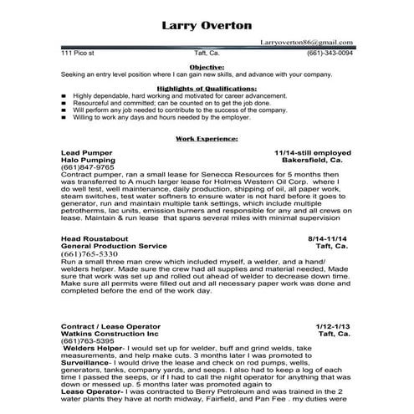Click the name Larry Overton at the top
point(205,26)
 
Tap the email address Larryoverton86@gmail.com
point(306,41)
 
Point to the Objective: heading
point(206,65)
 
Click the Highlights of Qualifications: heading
point(206,88)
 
